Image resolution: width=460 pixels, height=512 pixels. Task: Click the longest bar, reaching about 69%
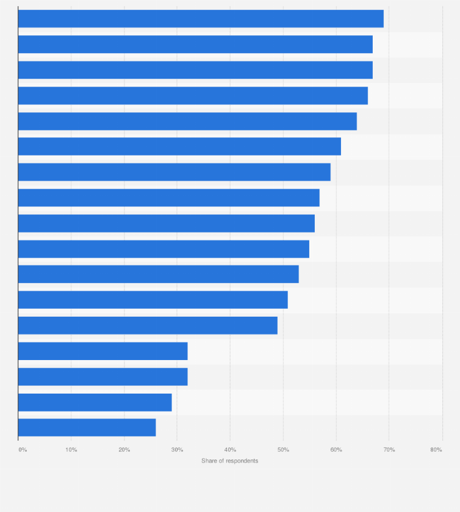201,19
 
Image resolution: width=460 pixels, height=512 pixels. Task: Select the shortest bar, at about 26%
87,427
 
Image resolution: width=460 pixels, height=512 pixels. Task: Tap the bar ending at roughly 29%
95,402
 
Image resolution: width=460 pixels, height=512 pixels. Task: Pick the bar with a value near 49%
148,325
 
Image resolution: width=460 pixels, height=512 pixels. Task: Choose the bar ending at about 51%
153,300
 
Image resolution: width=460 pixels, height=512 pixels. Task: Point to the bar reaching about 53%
158,274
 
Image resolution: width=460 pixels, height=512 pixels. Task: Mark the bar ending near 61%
179,146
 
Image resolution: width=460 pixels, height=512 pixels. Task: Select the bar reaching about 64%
187,121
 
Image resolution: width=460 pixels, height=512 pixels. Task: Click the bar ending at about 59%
174,172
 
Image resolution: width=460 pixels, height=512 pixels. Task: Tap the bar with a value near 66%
193,95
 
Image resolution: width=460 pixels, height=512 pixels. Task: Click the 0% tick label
23,450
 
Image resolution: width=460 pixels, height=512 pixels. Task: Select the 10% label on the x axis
71,450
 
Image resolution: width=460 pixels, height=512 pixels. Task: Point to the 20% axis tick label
124,450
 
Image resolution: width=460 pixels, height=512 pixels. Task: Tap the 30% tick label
178,450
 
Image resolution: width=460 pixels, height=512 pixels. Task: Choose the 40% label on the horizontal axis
230,450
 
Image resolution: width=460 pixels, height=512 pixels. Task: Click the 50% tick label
283,450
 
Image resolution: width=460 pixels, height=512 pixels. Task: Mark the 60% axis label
336,450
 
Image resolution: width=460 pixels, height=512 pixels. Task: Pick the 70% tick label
389,450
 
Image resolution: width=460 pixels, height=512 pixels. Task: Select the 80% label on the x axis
436,450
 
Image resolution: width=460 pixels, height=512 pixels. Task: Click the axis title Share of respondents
230,461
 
